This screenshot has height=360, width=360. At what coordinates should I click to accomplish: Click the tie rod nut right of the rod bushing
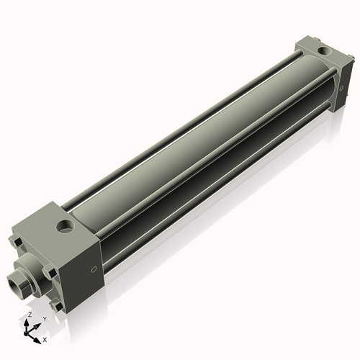pos(49,272)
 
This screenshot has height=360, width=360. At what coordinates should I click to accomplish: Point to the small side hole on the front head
pos(93,269)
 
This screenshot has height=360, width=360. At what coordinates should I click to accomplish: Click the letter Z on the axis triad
pos(30,315)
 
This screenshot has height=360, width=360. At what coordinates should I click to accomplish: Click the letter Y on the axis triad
pos(45,318)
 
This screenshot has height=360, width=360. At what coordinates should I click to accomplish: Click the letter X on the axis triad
pos(45,338)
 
